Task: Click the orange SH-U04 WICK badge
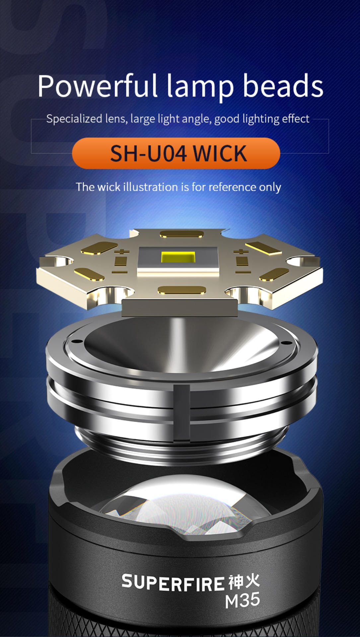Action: point(176,153)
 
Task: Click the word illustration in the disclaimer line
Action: point(151,187)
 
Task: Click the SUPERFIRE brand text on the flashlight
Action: point(173,583)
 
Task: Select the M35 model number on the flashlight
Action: point(243,601)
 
